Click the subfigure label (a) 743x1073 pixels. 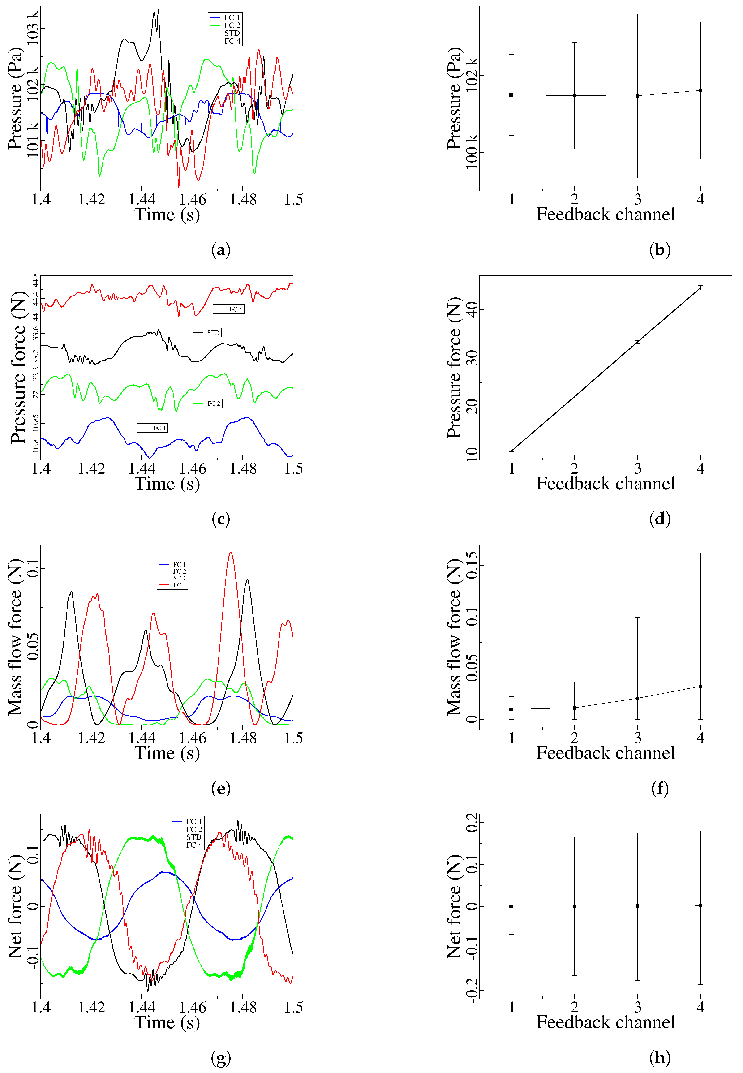pos(221,250)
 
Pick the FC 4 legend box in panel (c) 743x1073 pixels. pos(229,309)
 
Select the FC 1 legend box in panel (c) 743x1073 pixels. pos(152,428)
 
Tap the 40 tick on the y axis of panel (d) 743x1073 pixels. pos(472,309)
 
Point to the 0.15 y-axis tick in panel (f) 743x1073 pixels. pos(472,566)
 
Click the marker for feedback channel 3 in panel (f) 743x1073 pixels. pos(637,698)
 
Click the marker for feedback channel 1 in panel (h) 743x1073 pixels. pos(511,906)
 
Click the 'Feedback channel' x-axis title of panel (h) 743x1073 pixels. pos(605,1022)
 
